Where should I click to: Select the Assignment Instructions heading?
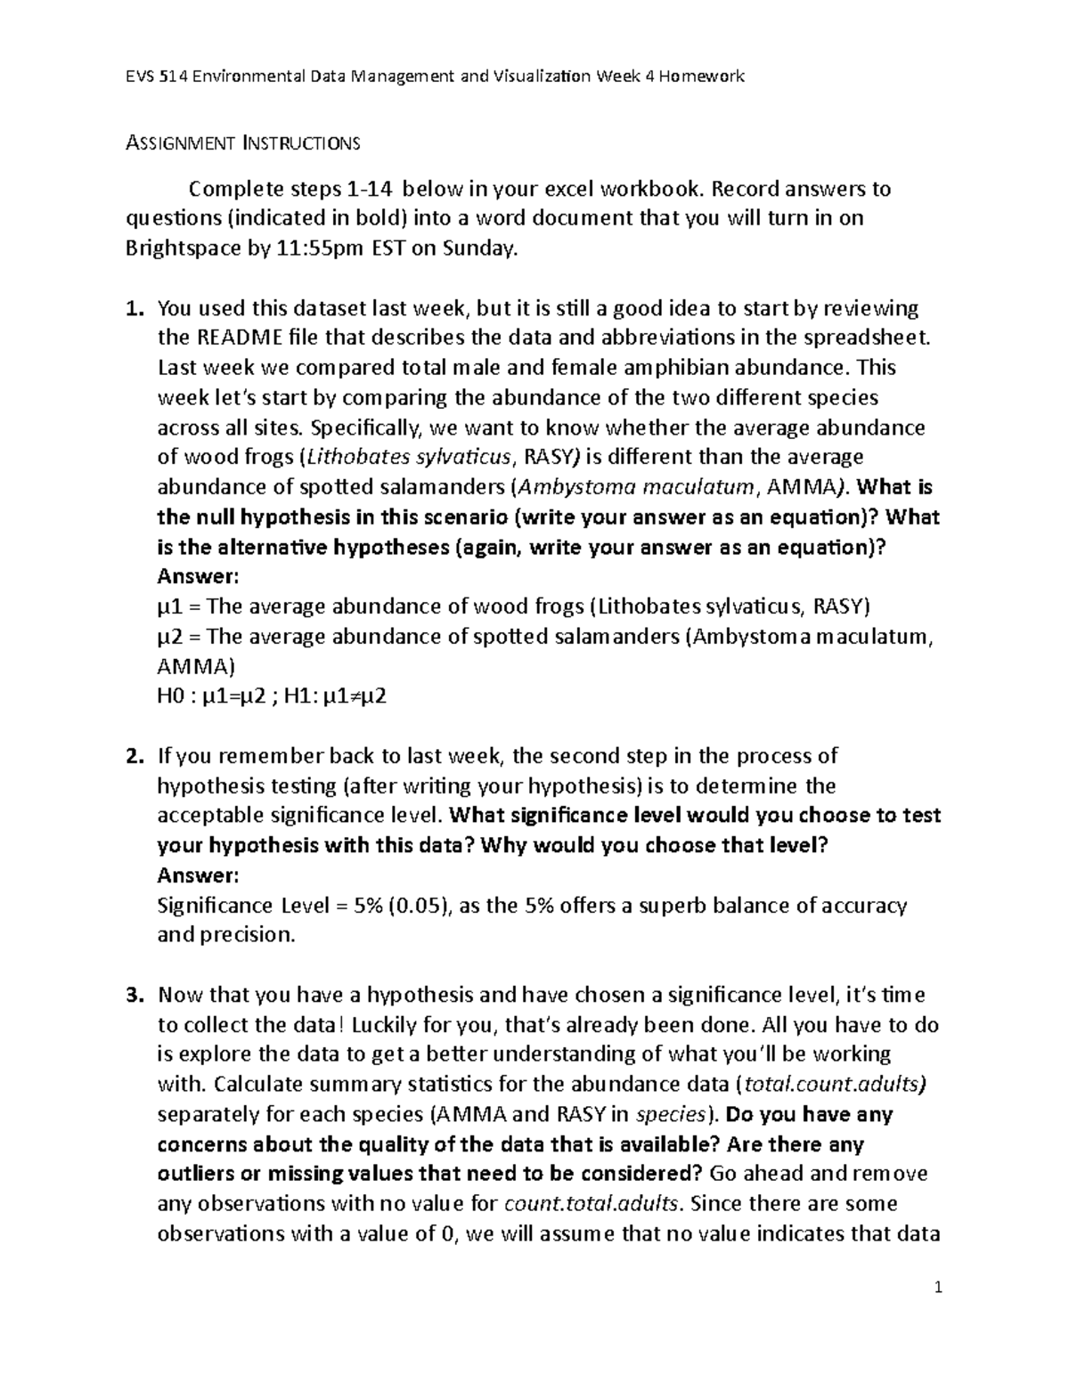click(242, 142)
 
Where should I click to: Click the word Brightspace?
click(182, 248)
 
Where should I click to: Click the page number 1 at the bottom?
click(938, 1288)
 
